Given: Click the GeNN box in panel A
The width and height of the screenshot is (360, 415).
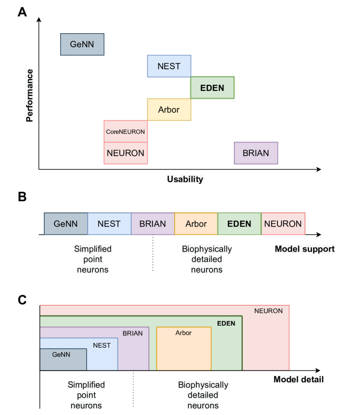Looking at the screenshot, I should [x=82, y=44].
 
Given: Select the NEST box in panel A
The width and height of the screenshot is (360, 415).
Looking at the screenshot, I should [x=169, y=66].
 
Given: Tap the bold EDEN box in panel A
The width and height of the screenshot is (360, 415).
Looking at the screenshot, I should [x=212, y=87].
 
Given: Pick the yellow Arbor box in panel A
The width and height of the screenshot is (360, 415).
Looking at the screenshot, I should [x=169, y=109].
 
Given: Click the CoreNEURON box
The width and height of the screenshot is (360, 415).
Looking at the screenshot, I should [x=125, y=131].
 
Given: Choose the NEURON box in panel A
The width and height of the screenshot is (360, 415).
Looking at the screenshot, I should [x=125, y=153].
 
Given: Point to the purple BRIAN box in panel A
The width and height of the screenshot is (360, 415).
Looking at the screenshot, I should [x=255, y=153].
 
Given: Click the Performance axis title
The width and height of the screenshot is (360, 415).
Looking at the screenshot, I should [x=29, y=95].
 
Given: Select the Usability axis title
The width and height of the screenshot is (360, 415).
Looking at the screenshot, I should [x=185, y=179].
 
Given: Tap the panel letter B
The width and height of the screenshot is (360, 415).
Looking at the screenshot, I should [x=22, y=197].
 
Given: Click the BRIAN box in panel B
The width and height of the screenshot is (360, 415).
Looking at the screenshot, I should [x=152, y=224].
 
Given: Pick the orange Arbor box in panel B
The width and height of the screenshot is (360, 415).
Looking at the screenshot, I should [x=196, y=224].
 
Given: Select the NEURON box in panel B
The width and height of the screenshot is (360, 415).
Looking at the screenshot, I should [x=283, y=224].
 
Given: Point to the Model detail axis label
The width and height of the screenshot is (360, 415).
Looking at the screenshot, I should [x=298, y=380].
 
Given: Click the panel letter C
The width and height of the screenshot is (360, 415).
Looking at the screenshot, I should [x=22, y=300].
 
